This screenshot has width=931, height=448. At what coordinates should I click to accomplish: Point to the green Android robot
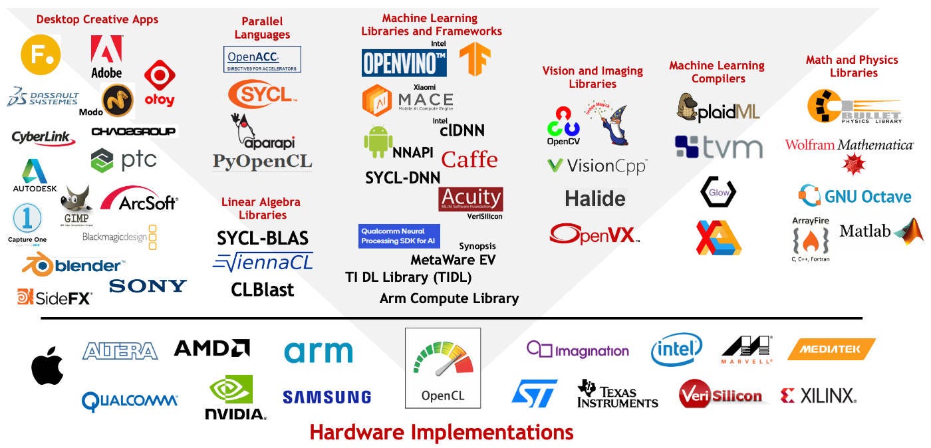tap(377, 142)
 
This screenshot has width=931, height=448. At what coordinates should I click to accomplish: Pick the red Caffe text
tap(469, 160)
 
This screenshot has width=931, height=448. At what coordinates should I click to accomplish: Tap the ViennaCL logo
tap(263, 262)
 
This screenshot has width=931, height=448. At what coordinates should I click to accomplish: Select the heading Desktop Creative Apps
tap(97, 19)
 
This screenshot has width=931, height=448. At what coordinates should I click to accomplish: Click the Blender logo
tap(73, 266)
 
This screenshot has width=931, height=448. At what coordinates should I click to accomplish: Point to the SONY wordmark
tap(148, 286)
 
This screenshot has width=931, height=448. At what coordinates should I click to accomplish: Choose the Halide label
tap(595, 198)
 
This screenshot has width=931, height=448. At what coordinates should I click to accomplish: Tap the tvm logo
tap(718, 147)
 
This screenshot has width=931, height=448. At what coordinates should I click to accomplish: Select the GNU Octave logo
tap(855, 197)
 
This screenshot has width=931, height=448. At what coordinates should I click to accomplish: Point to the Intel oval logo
tap(676, 350)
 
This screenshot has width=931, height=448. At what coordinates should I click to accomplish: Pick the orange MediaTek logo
tap(831, 349)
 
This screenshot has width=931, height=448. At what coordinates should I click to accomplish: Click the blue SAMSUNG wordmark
tap(327, 397)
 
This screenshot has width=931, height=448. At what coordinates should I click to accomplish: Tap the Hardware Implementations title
tap(442, 433)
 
